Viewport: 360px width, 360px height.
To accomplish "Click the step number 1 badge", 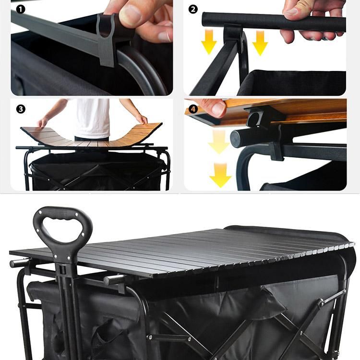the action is coord(21,10).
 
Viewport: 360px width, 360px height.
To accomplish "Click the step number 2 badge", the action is coord(193,10).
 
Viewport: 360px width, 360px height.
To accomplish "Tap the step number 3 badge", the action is coord(21,109).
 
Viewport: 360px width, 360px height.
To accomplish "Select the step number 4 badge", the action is coord(193,109).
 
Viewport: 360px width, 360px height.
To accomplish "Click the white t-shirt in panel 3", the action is coord(93,118).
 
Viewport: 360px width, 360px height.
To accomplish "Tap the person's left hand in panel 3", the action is coord(143,120).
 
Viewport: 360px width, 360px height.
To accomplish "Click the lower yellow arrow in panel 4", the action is coord(220,175).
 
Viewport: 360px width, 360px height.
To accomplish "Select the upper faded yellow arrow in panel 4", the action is coord(219,142).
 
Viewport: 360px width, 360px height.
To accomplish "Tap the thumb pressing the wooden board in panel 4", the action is coord(216,108).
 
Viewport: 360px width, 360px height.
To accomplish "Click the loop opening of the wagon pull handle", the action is coord(62,227).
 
